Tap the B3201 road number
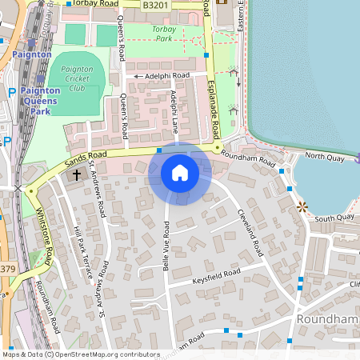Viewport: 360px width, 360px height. point(156,5)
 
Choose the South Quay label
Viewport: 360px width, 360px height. point(334,218)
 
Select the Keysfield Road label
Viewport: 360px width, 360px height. point(216,276)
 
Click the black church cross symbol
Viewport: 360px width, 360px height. point(78,174)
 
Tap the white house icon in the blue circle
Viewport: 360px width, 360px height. point(180,173)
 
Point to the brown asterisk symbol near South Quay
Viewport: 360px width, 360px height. point(302,207)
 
